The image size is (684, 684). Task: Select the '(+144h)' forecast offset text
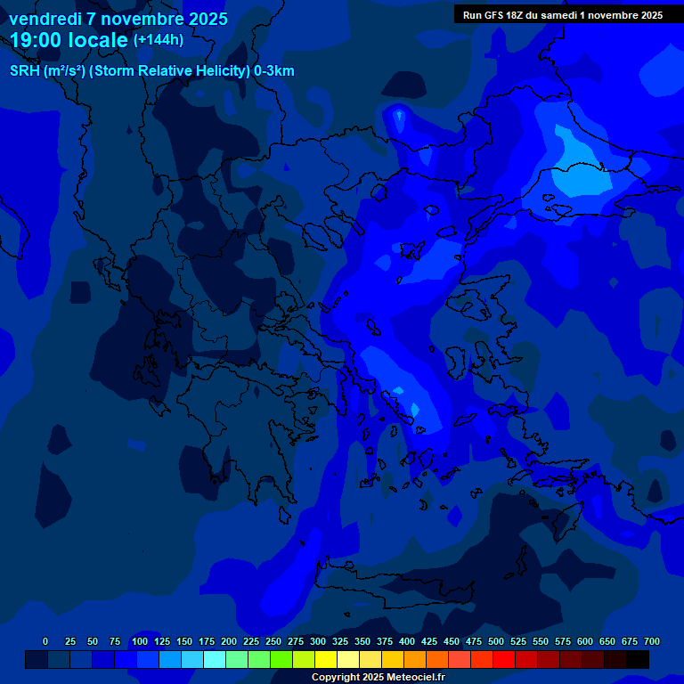pos(158,39)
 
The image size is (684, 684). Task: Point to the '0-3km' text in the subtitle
pos(274,71)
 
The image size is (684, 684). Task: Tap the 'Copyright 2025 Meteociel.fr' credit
pos(378,677)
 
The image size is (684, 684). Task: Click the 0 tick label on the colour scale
pos(45,641)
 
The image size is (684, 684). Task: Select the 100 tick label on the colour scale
pos(140,641)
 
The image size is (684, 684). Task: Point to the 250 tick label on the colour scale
pos(273,641)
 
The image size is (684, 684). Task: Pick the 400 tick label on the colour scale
pos(407,641)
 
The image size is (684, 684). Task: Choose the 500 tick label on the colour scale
pos(496,641)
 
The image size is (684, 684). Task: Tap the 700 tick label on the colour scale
pos(651,641)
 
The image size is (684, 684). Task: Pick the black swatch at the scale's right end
pos(638,659)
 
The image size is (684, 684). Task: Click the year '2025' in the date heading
pos(208,19)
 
